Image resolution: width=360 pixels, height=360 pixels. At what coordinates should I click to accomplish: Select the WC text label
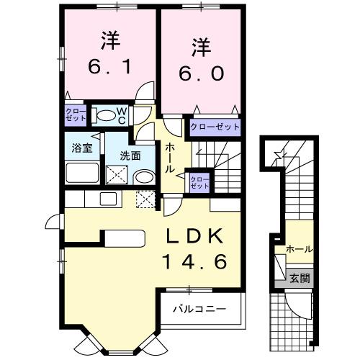coord(122,115)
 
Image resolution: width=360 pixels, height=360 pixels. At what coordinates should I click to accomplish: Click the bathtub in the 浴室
coord(81,173)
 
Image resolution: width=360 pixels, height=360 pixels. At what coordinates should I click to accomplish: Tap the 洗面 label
coord(130,155)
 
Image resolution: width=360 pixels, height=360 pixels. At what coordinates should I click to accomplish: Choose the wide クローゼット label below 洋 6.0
coord(215,127)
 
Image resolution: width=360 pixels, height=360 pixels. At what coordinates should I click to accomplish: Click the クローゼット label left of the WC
coord(75,114)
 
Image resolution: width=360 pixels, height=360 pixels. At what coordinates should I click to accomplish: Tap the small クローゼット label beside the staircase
coord(199,181)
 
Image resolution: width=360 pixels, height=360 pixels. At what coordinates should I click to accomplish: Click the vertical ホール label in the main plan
coord(170,158)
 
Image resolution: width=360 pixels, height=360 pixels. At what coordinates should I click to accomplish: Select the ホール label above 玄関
coord(299,249)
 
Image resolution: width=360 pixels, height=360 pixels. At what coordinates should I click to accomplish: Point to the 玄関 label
coord(300,278)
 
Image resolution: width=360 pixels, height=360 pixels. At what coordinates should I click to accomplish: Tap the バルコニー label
coord(200,310)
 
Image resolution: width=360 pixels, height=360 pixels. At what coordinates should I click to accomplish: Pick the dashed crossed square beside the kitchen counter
coord(146,199)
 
